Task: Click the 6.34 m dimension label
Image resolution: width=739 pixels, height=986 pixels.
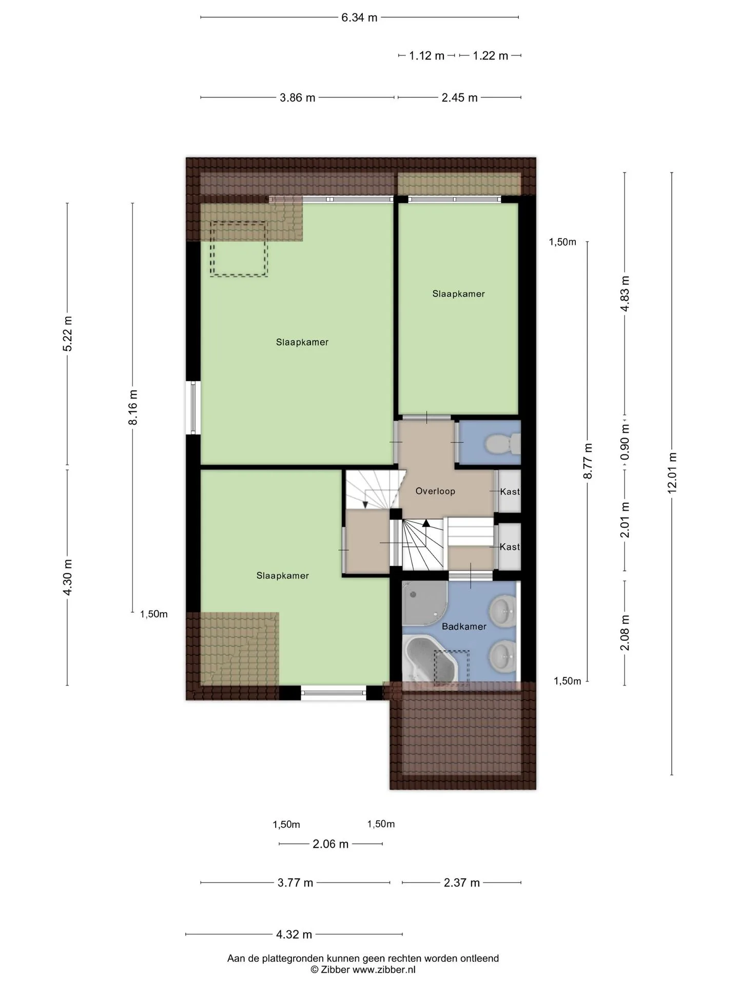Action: (x=359, y=17)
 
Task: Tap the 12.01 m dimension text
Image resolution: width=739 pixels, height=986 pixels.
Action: (x=672, y=472)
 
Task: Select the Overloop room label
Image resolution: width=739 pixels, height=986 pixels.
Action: (x=435, y=491)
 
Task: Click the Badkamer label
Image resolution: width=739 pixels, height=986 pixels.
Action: (x=464, y=627)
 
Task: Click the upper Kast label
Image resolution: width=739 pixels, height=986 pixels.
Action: (x=510, y=491)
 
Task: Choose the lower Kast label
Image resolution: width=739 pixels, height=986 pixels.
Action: (x=510, y=547)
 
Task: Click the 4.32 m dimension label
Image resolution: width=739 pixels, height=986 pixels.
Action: (x=294, y=934)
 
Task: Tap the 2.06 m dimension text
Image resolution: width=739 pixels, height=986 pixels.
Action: (x=330, y=844)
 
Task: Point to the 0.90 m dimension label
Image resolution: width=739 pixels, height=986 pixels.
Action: (x=625, y=443)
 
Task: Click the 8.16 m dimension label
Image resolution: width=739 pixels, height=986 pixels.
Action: (x=133, y=407)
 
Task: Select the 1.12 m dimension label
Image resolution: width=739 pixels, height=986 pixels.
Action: (x=426, y=55)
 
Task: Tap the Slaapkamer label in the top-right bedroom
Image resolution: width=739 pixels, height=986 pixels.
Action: (x=458, y=294)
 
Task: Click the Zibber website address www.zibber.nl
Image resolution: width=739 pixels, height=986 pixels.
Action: (x=384, y=970)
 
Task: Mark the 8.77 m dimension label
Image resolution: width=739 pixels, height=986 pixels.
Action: (x=588, y=461)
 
